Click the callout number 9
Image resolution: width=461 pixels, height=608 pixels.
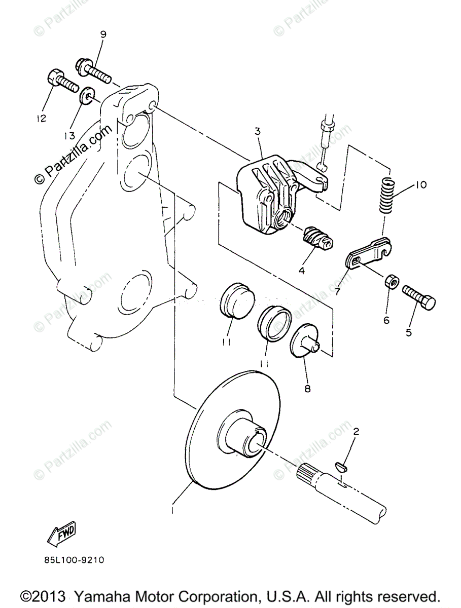point(103,35)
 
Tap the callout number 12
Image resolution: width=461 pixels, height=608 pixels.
point(41,119)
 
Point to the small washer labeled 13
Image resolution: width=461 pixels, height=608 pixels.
point(87,95)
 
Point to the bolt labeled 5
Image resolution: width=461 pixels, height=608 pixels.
point(419,297)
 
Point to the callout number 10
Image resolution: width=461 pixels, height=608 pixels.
point(420,185)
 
